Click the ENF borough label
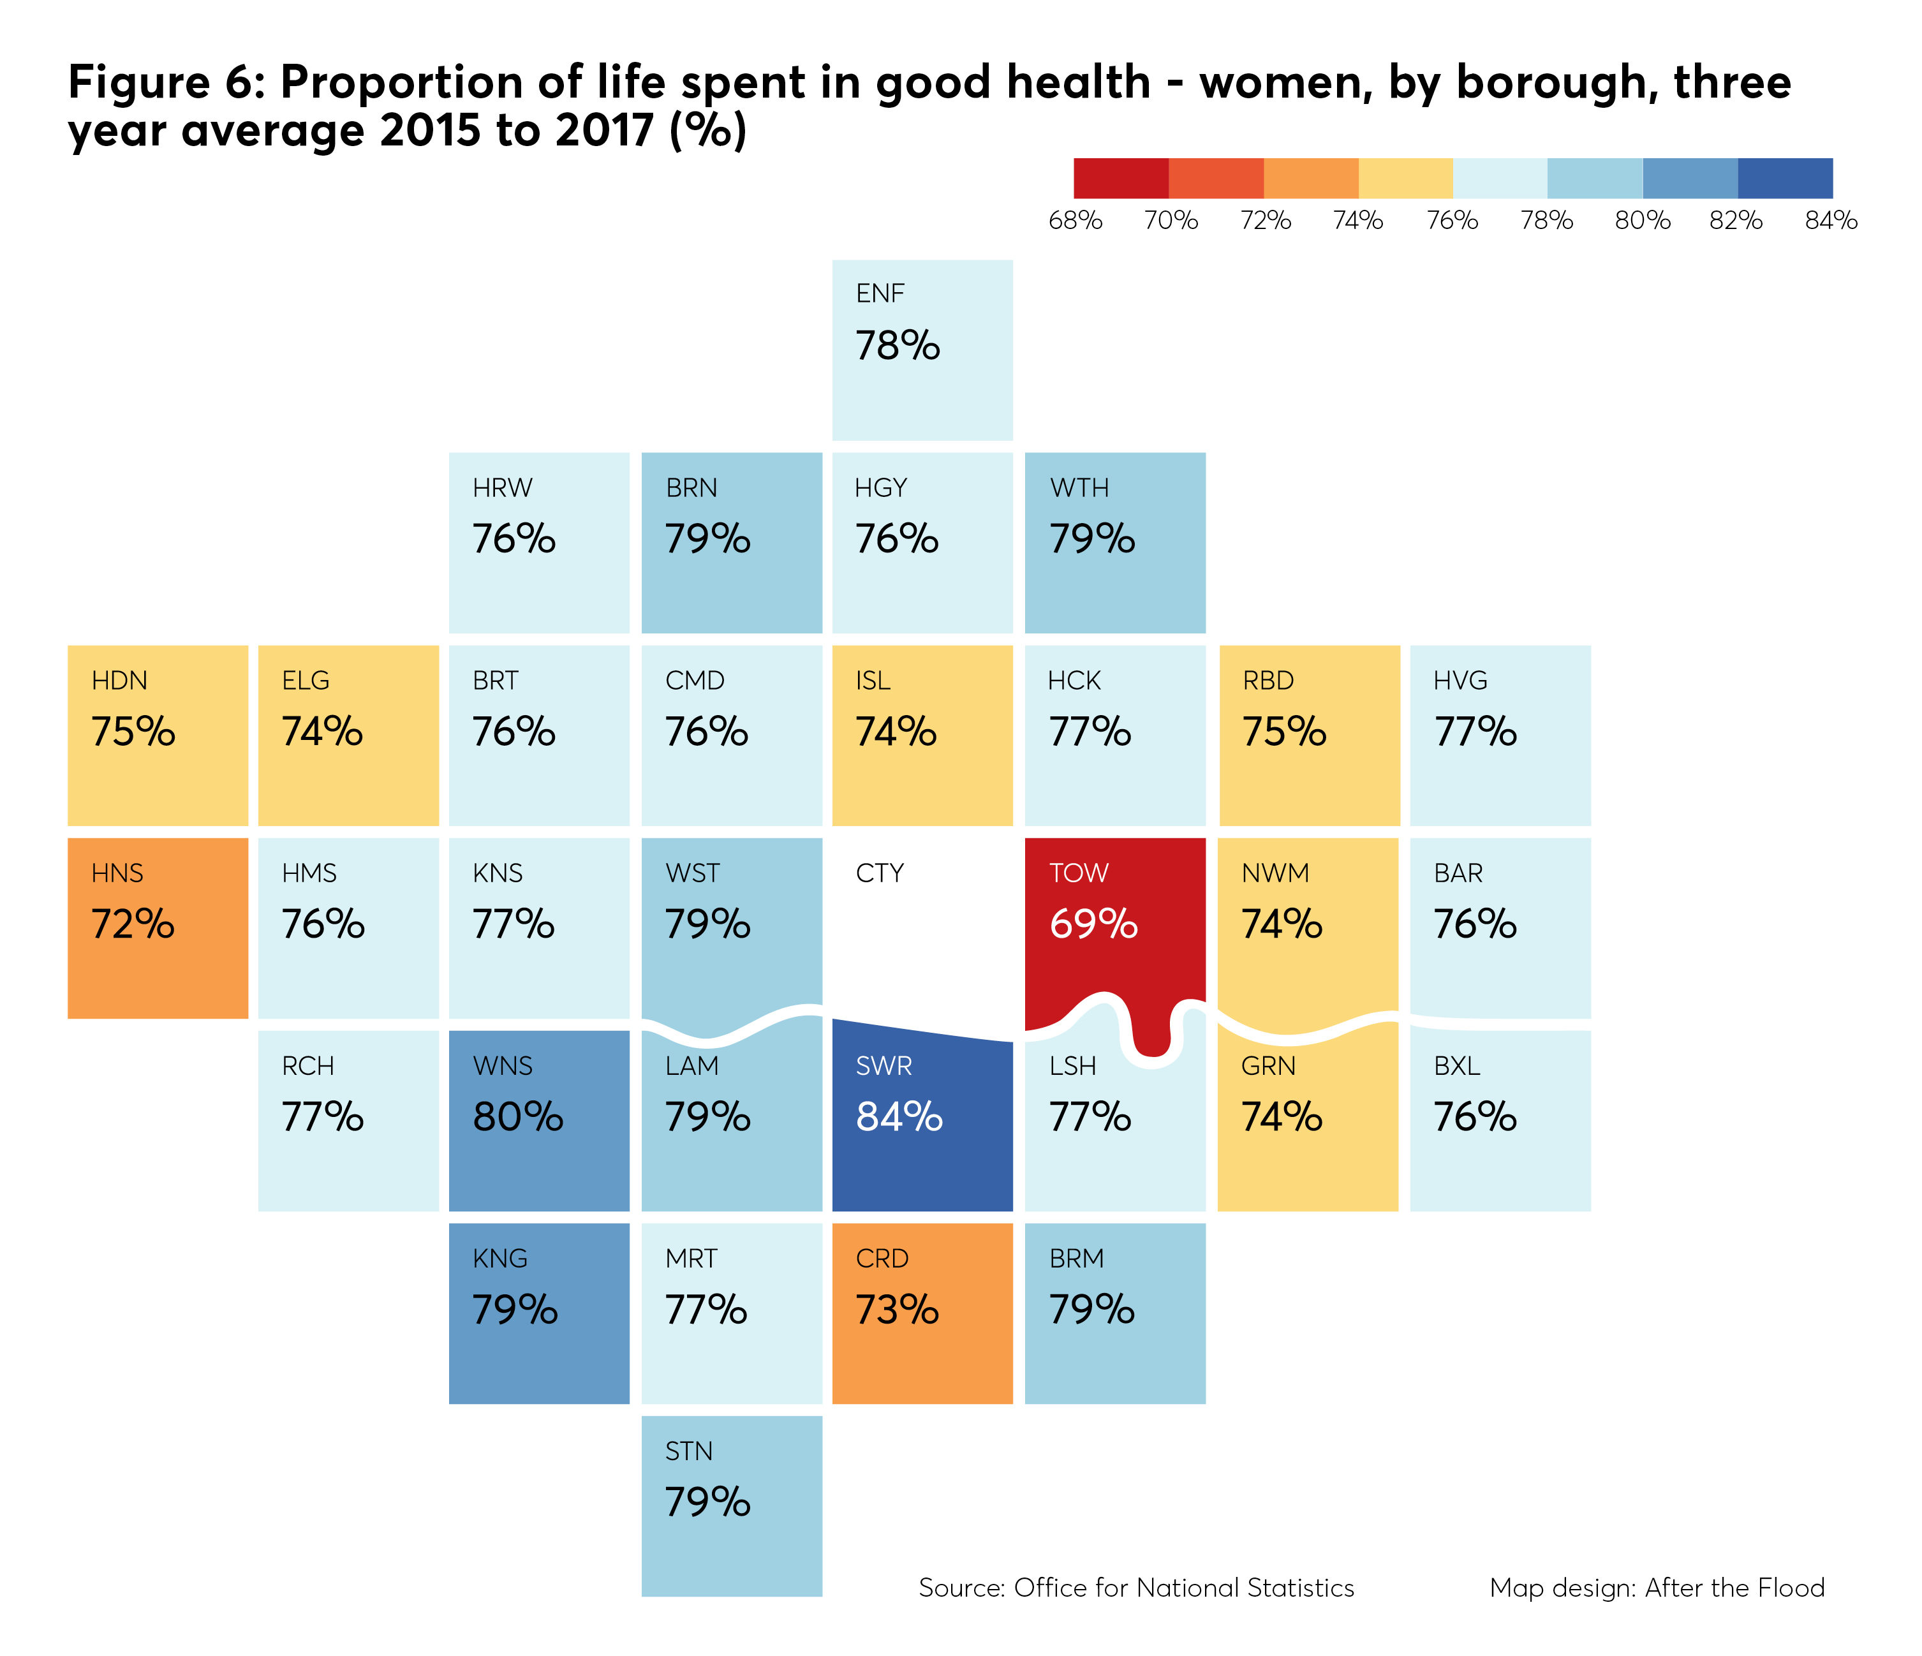pyautogui.click(x=880, y=294)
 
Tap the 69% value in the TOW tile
pyautogui.click(x=1093, y=924)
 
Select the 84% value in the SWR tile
pyautogui.click(x=899, y=1117)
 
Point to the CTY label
pyautogui.click(x=880, y=873)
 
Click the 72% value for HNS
pyautogui.click(x=133, y=924)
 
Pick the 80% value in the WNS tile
pyautogui.click(x=517, y=1117)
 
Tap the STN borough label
pyautogui.click(x=689, y=1451)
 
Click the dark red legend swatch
pyautogui.click(x=1121, y=178)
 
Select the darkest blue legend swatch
pyautogui.click(x=1785, y=178)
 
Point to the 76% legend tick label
pyautogui.click(x=1452, y=221)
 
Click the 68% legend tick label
pyautogui.click(x=1075, y=221)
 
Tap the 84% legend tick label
pyautogui.click(x=1831, y=221)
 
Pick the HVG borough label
pyautogui.click(x=1460, y=681)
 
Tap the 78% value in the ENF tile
pyautogui.click(x=897, y=346)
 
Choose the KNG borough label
pyautogui.click(x=500, y=1259)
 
